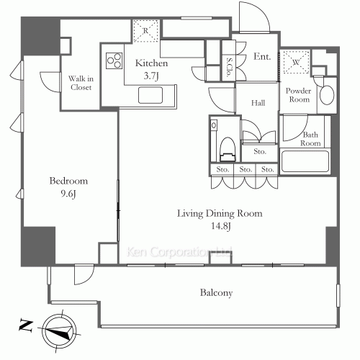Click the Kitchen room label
(x=151, y=63)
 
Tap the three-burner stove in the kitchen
(x=114, y=60)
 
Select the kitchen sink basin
(x=150, y=95)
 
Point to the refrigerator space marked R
(x=146, y=31)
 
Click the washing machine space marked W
(x=296, y=62)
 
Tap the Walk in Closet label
(x=81, y=83)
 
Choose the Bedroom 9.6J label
(x=68, y=187)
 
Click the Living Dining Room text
(x=220, y=213)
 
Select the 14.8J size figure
(x=221, y=226)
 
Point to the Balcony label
(x=216, y=293)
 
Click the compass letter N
(x=26, y=326)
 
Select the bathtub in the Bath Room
(x=305, y=161)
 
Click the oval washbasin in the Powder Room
(x=327, y=95)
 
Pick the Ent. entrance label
(x=262, y=57)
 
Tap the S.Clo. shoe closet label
(x=229, y=67)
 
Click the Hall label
(x=258, y=103)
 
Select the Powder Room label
(x=298, y=95)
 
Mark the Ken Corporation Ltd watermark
(x=179, y=252)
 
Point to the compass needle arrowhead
(x=68, y=333)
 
